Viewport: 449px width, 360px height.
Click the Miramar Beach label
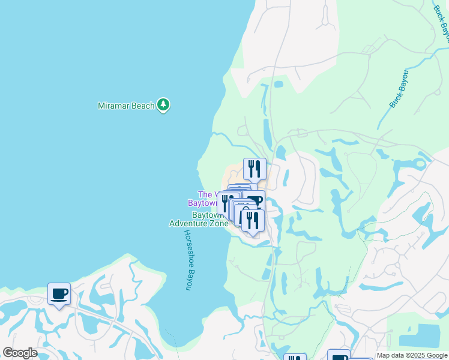(127, 106)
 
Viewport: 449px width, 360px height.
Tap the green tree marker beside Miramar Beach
(163, 105)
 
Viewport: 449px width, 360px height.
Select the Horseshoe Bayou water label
(187, 260)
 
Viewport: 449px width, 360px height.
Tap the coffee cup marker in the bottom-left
(59, 294)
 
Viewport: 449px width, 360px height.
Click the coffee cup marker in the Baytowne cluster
(255, 201)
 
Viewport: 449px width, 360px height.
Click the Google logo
(20, 353)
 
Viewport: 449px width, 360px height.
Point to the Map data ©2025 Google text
(412, 356)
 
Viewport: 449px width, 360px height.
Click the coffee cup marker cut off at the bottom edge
(339, 356)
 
